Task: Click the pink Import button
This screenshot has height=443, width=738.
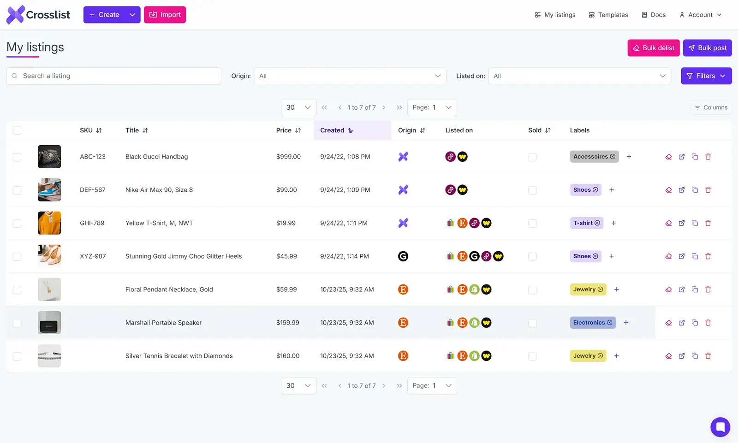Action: click(x=165, y=15)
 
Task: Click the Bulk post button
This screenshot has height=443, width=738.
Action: click(x=707, y=48)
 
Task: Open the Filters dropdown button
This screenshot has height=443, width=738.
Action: click(x=706, y=76)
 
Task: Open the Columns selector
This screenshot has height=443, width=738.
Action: click(x=711, y=107)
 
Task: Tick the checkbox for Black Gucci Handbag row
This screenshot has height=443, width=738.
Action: click(x=17, y=157)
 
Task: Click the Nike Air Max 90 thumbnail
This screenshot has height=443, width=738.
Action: click(x=49, y=190)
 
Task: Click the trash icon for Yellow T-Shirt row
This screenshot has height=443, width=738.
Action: click(x=708, y=223)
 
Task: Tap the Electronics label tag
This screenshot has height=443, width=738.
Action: click(x=589, y=323)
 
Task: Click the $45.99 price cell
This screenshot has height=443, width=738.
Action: click(x=286, y=256)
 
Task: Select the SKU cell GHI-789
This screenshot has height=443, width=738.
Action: click(x=92, y=223)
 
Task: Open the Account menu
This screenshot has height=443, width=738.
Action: click(x=700, y=15)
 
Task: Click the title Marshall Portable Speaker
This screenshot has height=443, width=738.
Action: click(x=163, y=323)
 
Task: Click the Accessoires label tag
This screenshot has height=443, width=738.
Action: click(x=590, y=157)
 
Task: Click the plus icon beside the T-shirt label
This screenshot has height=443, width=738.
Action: click(x=613, y=223)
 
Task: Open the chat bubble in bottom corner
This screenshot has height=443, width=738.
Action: click(x=720, y=427)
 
